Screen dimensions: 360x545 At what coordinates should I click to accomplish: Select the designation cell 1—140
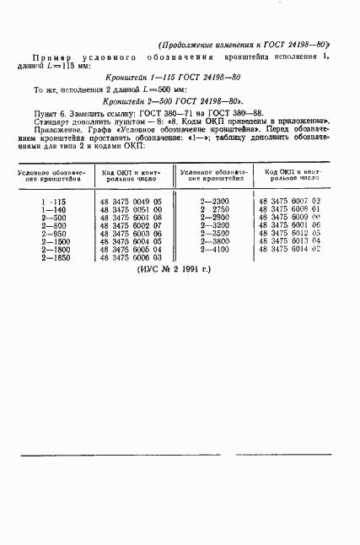point(53,210)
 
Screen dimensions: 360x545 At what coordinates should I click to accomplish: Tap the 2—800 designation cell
point(53,226)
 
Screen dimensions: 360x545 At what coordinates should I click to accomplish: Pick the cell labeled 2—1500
point(53,242)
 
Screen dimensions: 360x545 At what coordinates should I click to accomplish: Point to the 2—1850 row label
point(53,258)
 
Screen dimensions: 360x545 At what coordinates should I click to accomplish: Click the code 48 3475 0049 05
point(137,202)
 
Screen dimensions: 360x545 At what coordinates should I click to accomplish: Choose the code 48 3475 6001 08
point(137,219)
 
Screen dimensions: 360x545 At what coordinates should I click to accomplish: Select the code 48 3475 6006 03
point(137,259)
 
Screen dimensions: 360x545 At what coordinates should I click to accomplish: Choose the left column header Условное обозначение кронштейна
point(52,175)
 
